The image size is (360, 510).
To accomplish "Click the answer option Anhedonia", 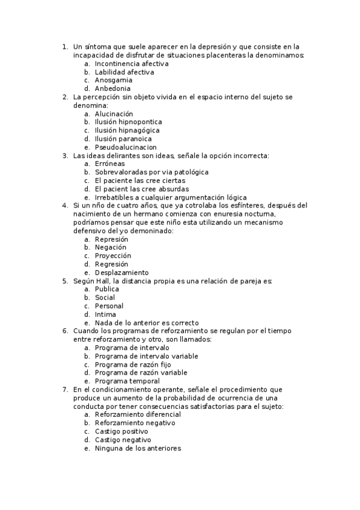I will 112,88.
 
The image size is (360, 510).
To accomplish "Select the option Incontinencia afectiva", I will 131,63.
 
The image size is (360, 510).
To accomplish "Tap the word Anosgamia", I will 114,80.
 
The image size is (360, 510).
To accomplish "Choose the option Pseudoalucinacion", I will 126,147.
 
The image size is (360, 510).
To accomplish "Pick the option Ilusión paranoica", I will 123,139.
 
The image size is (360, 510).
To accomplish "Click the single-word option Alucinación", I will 114,114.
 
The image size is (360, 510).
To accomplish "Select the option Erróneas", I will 110,164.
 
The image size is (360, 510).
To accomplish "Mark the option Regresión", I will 111,264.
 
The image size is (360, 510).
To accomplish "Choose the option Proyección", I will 112,256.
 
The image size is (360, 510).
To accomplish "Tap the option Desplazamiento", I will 122,272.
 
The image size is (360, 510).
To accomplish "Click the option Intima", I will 105,315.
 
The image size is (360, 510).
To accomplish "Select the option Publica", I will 107,289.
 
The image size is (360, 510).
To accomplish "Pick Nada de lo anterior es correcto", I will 147,323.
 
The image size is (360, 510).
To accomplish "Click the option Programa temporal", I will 127,381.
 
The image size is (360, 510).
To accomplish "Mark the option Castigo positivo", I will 121,432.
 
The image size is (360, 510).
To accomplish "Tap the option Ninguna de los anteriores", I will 138,449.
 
